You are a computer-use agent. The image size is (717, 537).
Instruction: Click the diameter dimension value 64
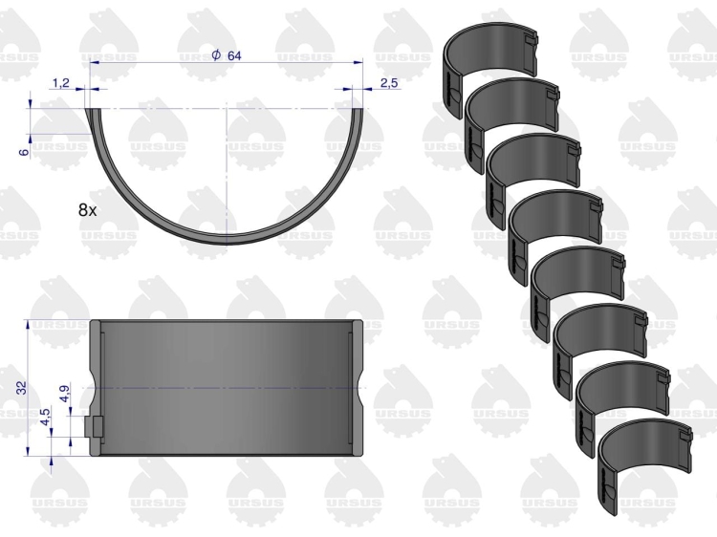click(x=234, y=55)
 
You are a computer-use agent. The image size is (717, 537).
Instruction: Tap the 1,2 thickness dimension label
click(x=61, y=83)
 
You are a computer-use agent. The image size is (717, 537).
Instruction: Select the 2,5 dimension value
click(x=389, y=83)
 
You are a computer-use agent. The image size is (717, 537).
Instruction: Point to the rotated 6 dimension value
click(x=25, y=151)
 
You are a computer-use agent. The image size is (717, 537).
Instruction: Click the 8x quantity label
click(x=87, y=210)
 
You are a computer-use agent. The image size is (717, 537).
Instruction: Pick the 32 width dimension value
click(x=22, y=387)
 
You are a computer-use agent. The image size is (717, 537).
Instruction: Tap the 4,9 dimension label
click(x=64, y=394)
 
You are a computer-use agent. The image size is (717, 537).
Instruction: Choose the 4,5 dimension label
click(x=46, y=417)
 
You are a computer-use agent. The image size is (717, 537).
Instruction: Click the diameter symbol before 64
click(x=216, y=55)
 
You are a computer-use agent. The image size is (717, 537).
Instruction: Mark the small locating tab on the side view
click(x=95, y=427)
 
